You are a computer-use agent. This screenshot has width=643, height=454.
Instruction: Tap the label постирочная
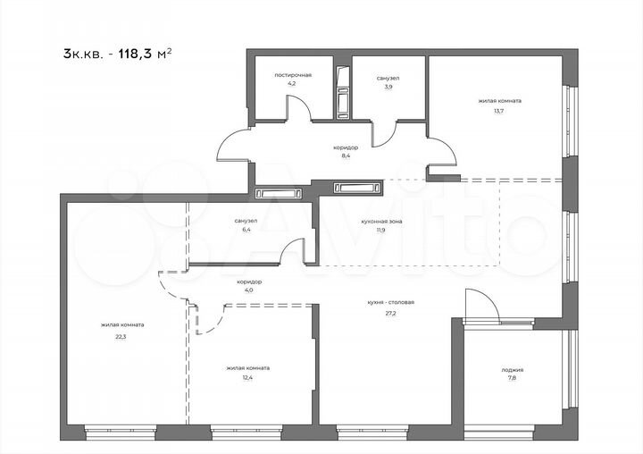coord(293,75)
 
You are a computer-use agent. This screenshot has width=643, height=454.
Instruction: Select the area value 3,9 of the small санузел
coord(388,87)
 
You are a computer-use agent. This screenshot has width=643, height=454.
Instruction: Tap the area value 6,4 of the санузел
coord(246,229)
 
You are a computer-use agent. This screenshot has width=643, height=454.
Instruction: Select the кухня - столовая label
coord(390,303)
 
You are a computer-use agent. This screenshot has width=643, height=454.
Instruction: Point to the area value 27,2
coord(390,312)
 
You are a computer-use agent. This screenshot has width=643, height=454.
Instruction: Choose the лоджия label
coord(513,369)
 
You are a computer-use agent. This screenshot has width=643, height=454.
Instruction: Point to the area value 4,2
coord(292,83)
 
